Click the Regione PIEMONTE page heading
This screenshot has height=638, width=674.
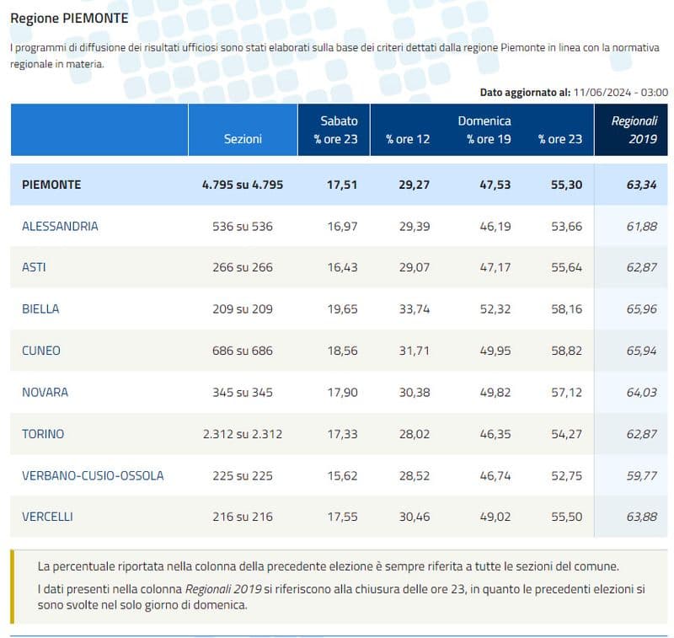click(x=69, y=18)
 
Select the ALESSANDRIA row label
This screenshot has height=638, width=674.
click(x=60, y=226)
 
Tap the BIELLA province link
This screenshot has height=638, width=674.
click(x=40, y=308)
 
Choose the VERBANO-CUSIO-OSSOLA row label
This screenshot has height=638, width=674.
click(x=93, y=475)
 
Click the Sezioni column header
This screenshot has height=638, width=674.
click(x=243, y=139)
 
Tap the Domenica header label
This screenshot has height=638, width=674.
click(x=484, y=121)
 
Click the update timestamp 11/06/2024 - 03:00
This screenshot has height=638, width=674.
click(x=619, y=92)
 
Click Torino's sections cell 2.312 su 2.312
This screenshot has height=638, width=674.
click(x=243, y=434)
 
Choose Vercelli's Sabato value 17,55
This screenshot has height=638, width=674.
click(x=343, y=517)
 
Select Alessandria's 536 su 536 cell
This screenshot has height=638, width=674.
click(x=243, y=226)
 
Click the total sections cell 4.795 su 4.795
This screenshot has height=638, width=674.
click(x=243, y=184)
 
